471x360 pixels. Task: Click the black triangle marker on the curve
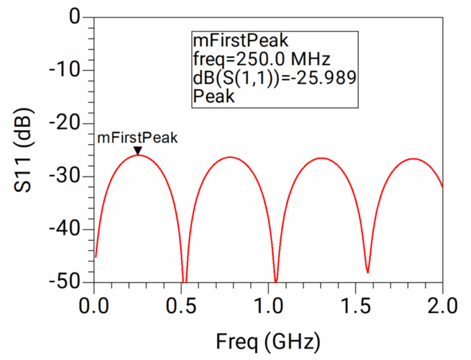[137, 150]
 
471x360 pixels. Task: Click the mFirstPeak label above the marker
[137, 138]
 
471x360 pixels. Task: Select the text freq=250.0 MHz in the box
[261, 59]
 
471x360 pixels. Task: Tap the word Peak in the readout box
[213, 95]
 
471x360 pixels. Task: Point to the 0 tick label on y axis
[75, 17]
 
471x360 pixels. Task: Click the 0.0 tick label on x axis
[94, 304]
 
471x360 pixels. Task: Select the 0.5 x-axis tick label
[181, 304]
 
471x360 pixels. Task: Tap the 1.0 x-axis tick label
[268, 304]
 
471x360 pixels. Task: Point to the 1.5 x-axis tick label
[355, 304]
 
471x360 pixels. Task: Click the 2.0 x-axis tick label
[442, 304]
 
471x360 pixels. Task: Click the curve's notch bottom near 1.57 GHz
[367, 272]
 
